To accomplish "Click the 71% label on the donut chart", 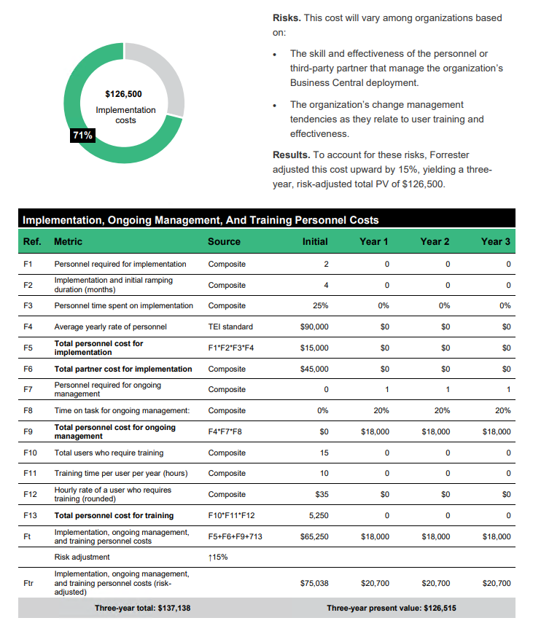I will click(82, 135).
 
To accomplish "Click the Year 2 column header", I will click(435, 241).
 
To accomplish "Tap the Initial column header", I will click(315, 241).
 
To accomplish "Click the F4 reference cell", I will click(28, 326).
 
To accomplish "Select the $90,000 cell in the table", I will click(314, 326).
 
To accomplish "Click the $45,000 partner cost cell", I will click(314, 369).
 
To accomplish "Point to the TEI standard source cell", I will click(230, 326).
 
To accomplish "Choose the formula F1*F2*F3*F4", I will click(230, 348).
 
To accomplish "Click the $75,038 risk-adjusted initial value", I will click(314, 583).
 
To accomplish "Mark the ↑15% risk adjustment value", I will click(219, 557).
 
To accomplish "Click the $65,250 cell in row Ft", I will click(314, 536).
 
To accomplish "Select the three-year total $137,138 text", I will click(142, 608).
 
